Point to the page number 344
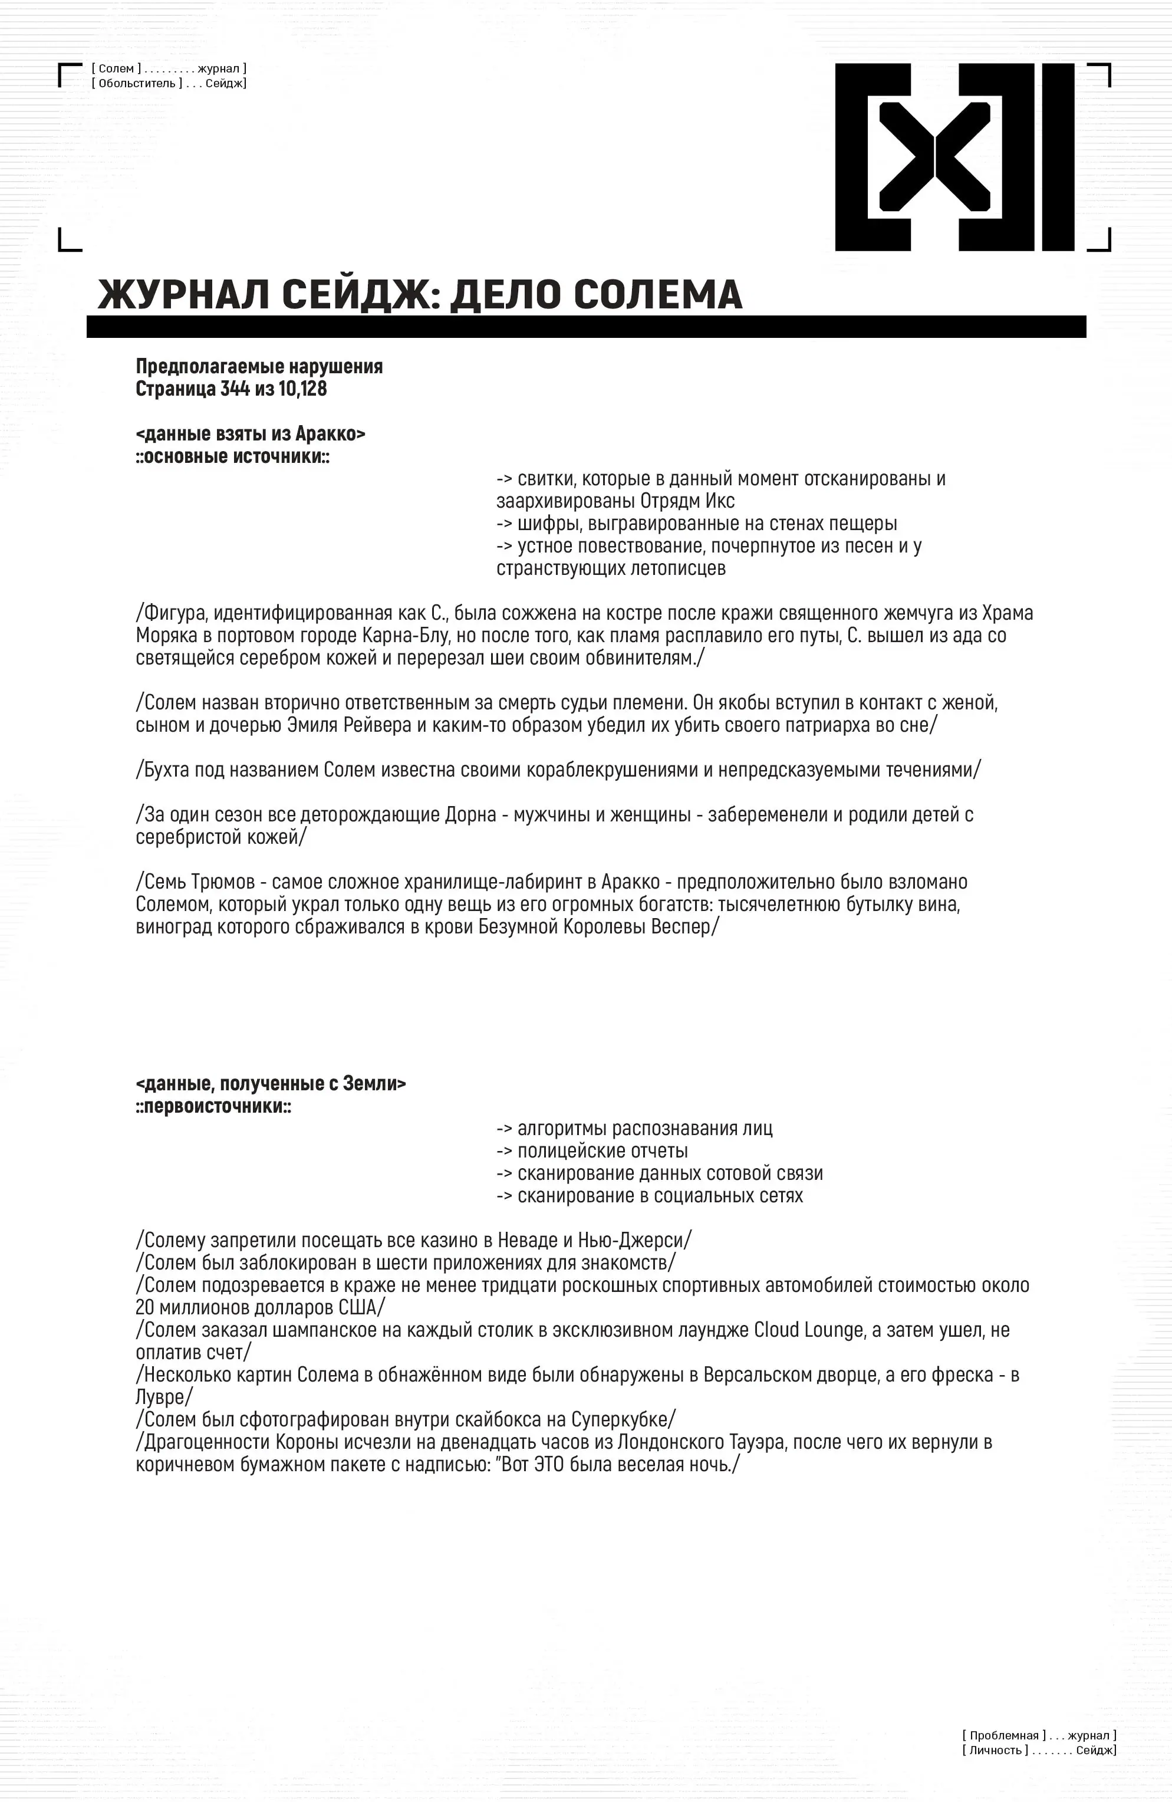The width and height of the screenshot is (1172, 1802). click(235, 389)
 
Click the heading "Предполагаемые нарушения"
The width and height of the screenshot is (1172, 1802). click(259, 366)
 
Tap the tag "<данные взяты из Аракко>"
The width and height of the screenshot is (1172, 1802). click(251, 434)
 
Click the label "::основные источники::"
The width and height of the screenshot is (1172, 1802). click(232, 456)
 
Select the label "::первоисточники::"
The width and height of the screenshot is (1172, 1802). click(213, 1106)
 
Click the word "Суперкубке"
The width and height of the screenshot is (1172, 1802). click(623, 1420)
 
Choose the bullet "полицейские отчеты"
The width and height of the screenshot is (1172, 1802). click(602, 1151)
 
